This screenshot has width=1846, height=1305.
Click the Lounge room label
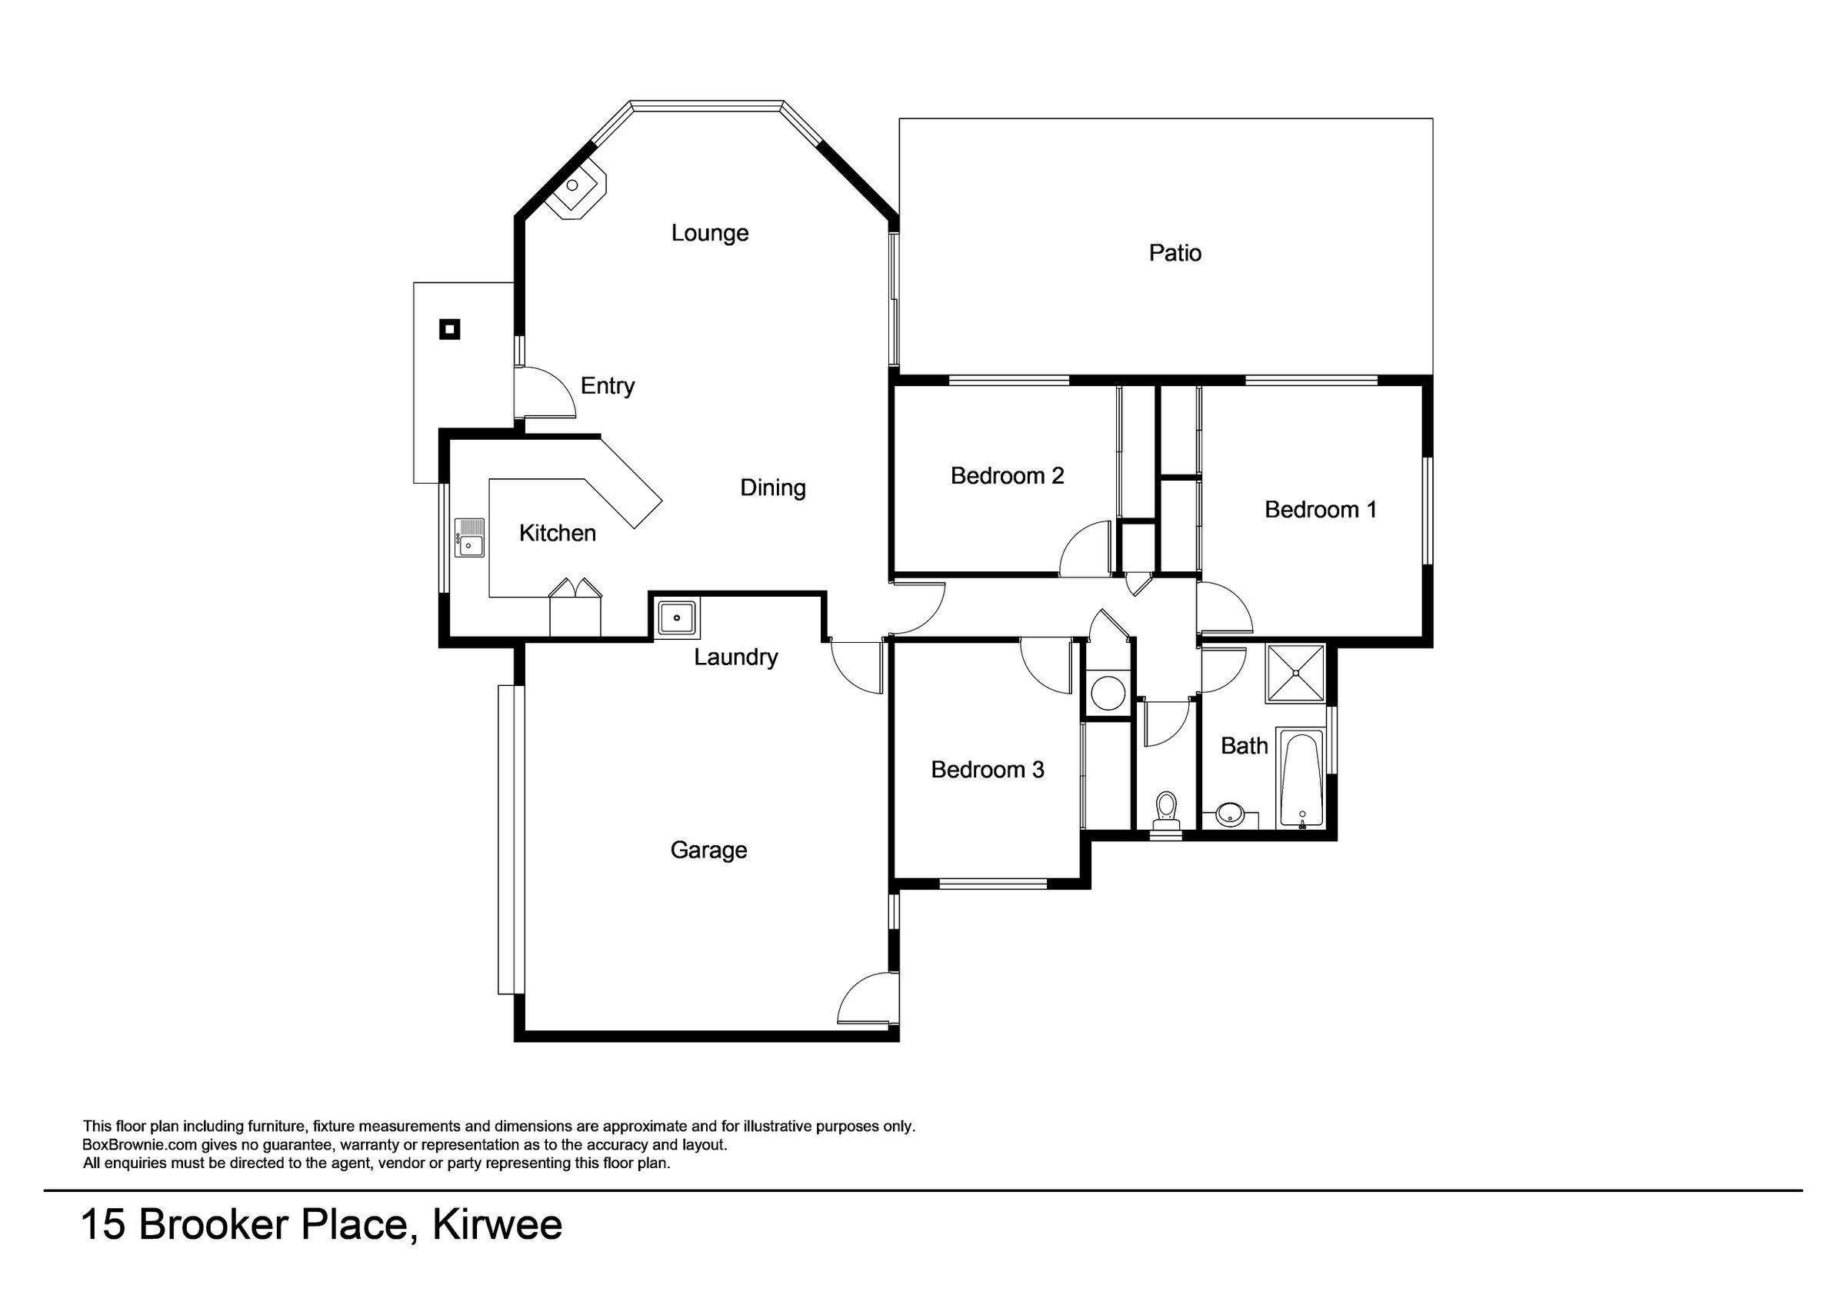click(710, 233)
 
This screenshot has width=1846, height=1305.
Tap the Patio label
click(1175, 253)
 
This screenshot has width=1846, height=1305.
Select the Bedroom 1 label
click(1320, 509)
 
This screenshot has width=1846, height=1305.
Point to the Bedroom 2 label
click(1007, 476)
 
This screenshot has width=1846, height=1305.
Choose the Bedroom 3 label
click(988, 770)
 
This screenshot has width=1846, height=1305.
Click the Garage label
click(708, 850)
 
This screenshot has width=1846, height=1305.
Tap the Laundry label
click(735, 657)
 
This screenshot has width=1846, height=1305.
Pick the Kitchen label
click(557, 533)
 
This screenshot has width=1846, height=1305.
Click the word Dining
click(773, 488)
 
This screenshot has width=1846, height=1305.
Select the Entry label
click(607, 387)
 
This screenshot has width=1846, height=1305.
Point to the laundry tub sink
click(678, 618)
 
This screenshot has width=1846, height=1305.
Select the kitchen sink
click(469, 537)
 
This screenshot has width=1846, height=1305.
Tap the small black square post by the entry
click(449, 329)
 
